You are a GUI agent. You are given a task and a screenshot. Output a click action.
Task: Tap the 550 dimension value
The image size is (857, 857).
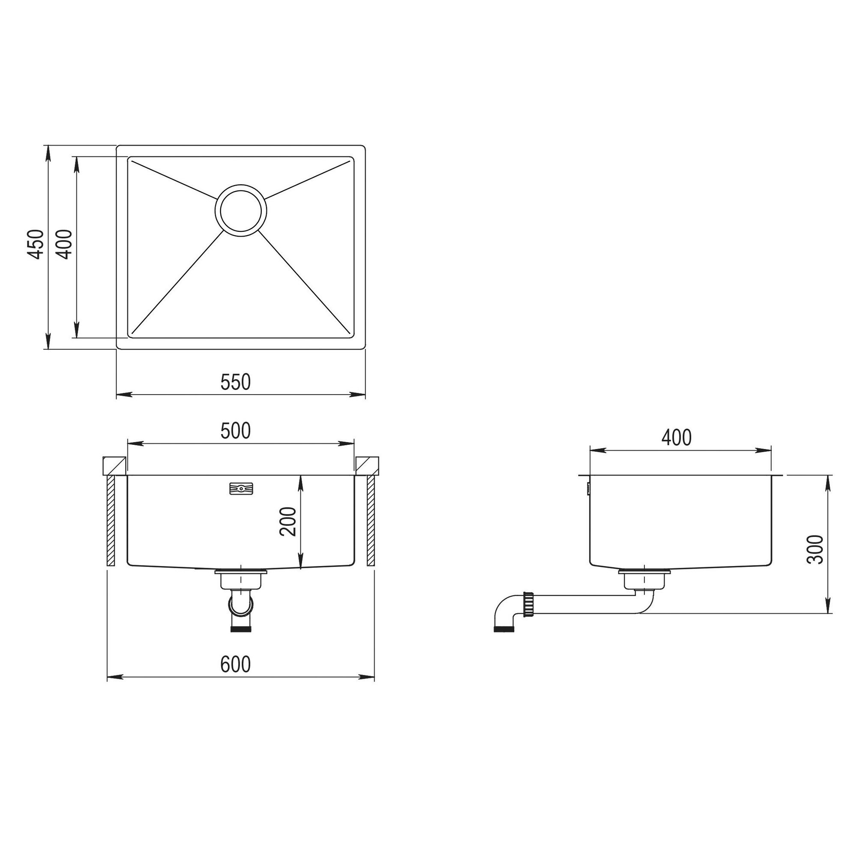(x=236, y=382)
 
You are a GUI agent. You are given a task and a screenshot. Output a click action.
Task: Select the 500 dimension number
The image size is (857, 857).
(x=236, y=431)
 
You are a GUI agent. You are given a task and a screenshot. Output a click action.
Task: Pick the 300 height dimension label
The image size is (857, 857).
(x=815, y=549)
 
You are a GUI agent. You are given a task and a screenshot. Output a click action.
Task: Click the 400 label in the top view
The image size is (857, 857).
(x=65, y=244)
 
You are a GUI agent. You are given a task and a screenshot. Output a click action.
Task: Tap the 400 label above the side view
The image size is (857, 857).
(x=677, y=438)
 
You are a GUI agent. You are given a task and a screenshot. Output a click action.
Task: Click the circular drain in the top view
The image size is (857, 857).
(x=241, y=211)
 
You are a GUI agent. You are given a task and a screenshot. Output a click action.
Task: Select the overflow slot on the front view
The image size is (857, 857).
(x=241, y=489)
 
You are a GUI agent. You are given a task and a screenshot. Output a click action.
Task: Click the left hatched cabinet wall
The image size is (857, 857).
(x=111, y=521)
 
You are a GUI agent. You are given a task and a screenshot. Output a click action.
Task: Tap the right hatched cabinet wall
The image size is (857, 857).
(x=371, y=521)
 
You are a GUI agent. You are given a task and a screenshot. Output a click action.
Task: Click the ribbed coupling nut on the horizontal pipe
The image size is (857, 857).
(x=528, y=604)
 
